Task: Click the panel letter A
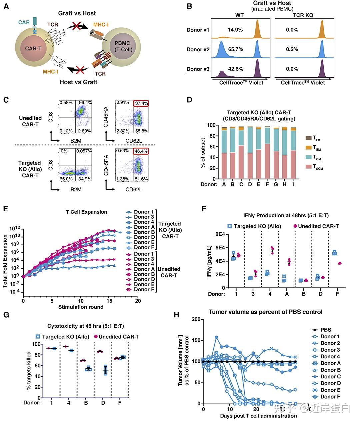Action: tap(6, 6)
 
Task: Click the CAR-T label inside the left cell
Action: tap(33, 48)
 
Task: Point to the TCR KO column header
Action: tap(303, 15)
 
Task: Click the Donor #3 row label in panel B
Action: tap(198, 69)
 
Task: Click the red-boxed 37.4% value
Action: tap(141, 103)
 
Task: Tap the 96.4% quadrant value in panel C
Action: tap(84, 102)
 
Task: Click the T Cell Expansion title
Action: tap(87, 212)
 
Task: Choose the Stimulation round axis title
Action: tap(81, 307)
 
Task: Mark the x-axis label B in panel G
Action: tap(86, 403)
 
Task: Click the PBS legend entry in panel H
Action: tap(326, 330)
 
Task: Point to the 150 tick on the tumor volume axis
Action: tap(196, 340)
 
